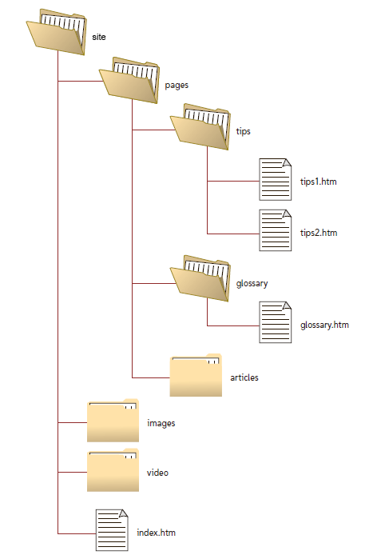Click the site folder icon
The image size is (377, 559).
point(56,34)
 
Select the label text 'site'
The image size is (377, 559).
point(99,37)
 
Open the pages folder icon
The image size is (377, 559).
point(128,80)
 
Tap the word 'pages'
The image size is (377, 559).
point(176,84)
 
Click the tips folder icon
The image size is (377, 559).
point(200,126)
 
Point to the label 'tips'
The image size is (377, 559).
point(244,130)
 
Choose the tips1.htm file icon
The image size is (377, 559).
point(275,178)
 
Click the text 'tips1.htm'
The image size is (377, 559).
point(319,182)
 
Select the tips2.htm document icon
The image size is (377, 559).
point(275,230)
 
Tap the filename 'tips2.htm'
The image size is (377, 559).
point(319,234)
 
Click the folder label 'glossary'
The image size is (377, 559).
point(252,283)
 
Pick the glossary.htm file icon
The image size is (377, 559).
point(275,322)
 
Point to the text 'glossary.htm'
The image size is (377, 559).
point(324,325)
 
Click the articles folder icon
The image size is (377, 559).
point(196,375)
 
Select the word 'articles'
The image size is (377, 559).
point(244,377)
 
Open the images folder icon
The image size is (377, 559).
point(113,421)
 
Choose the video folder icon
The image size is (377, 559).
point(113,471)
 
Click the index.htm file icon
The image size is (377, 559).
point(112,529)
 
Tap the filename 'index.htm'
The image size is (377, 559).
point(155,533)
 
